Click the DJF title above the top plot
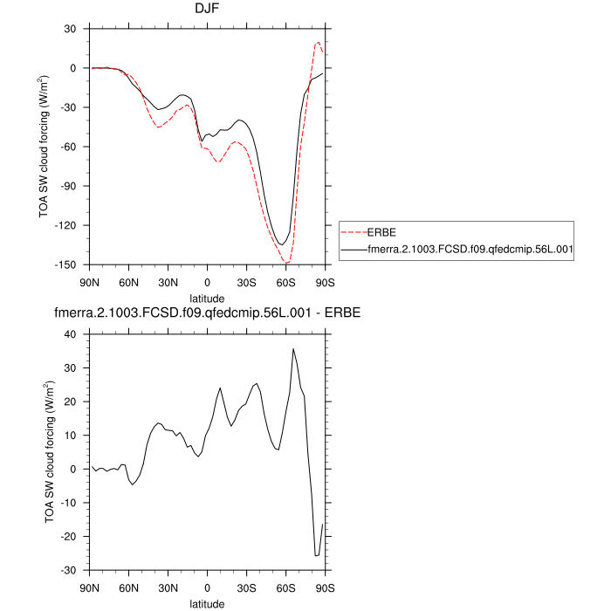(x=208, y=9)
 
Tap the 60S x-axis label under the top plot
(x=285, y=282)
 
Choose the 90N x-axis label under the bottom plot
(x=91, y=587)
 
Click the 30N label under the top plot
(x=168, y=282)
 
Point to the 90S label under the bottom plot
(x=325, y=587)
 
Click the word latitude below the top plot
(x=208, y=298)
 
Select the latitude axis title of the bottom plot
(x=208, y=603)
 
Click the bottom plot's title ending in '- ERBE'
(x=208, y=313)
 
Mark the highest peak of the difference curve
(x=293, y=348)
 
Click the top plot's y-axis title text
(x=44, y=147)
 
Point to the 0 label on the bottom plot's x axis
(x=208, y=587)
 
